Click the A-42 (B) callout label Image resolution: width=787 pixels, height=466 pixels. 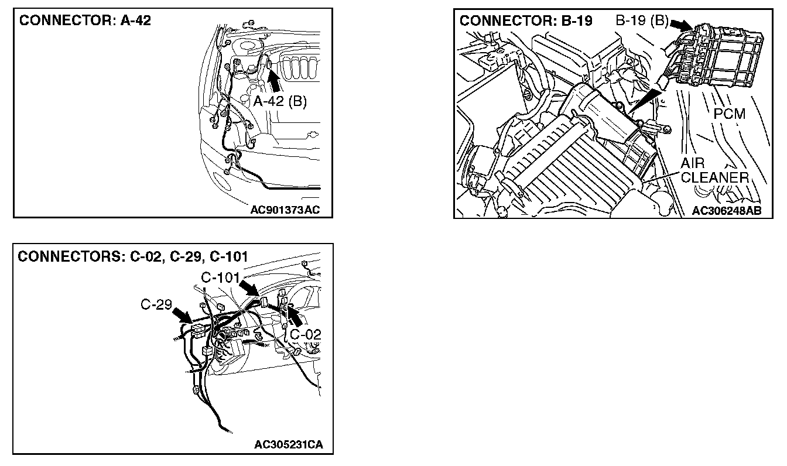coord(280,101)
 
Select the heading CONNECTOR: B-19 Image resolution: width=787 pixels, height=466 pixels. coord(526,21)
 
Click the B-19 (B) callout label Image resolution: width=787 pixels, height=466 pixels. coord(642,21)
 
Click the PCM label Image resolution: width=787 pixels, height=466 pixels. coord(730,114)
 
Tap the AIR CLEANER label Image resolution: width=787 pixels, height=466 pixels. coord(714,170)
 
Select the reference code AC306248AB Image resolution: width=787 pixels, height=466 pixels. coord(727,211)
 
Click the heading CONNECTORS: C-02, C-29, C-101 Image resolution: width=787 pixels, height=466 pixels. coord(134,256)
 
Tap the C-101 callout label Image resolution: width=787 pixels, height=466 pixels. coord(220,277)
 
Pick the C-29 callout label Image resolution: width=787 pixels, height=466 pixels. coord(156,305)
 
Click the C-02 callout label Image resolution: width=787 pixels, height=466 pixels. coord(305,334)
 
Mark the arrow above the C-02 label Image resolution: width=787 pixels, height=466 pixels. coord(294,318)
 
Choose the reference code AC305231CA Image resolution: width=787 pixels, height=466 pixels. coord(289,445)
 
